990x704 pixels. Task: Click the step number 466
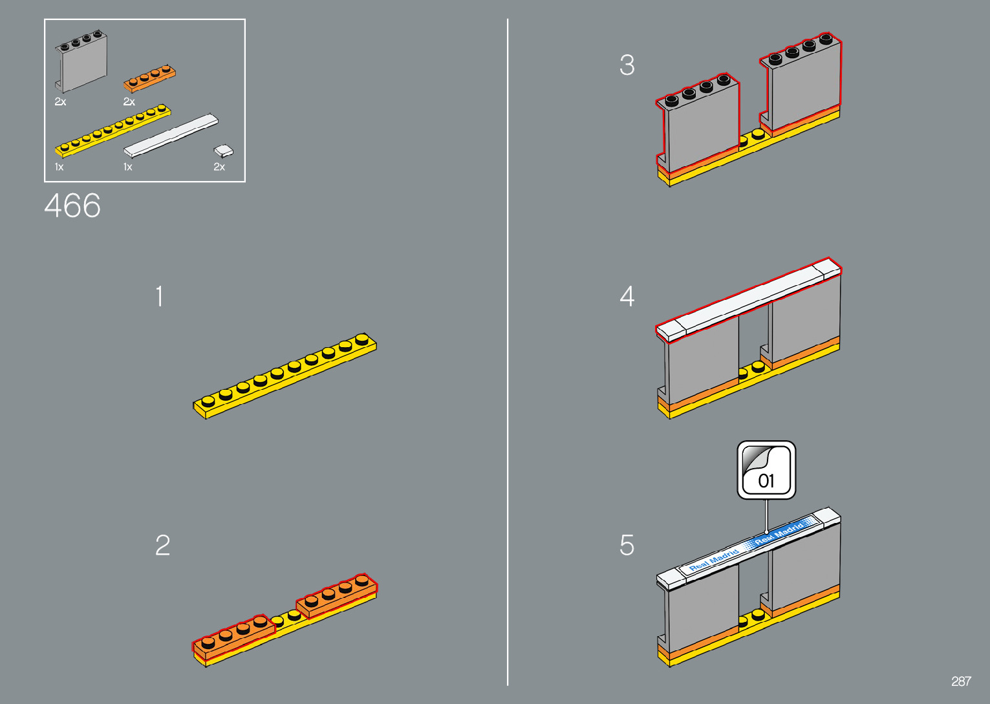point(72,206)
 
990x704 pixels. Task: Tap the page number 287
point(961,681)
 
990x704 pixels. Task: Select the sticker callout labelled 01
point(766,471)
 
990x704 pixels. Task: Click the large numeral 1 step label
point(159,297)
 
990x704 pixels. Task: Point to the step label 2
point(162,546)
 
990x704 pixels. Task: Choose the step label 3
point(627,65)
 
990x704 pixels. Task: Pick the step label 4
point(627,297)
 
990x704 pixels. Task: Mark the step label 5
point(627,546)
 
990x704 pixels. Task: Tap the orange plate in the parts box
point(149,78)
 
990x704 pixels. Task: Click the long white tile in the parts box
point(171,135)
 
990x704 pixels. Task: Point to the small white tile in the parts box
point(224,151)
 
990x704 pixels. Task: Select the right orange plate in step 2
point(337,595)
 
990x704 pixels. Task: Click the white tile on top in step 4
point(749,298)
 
